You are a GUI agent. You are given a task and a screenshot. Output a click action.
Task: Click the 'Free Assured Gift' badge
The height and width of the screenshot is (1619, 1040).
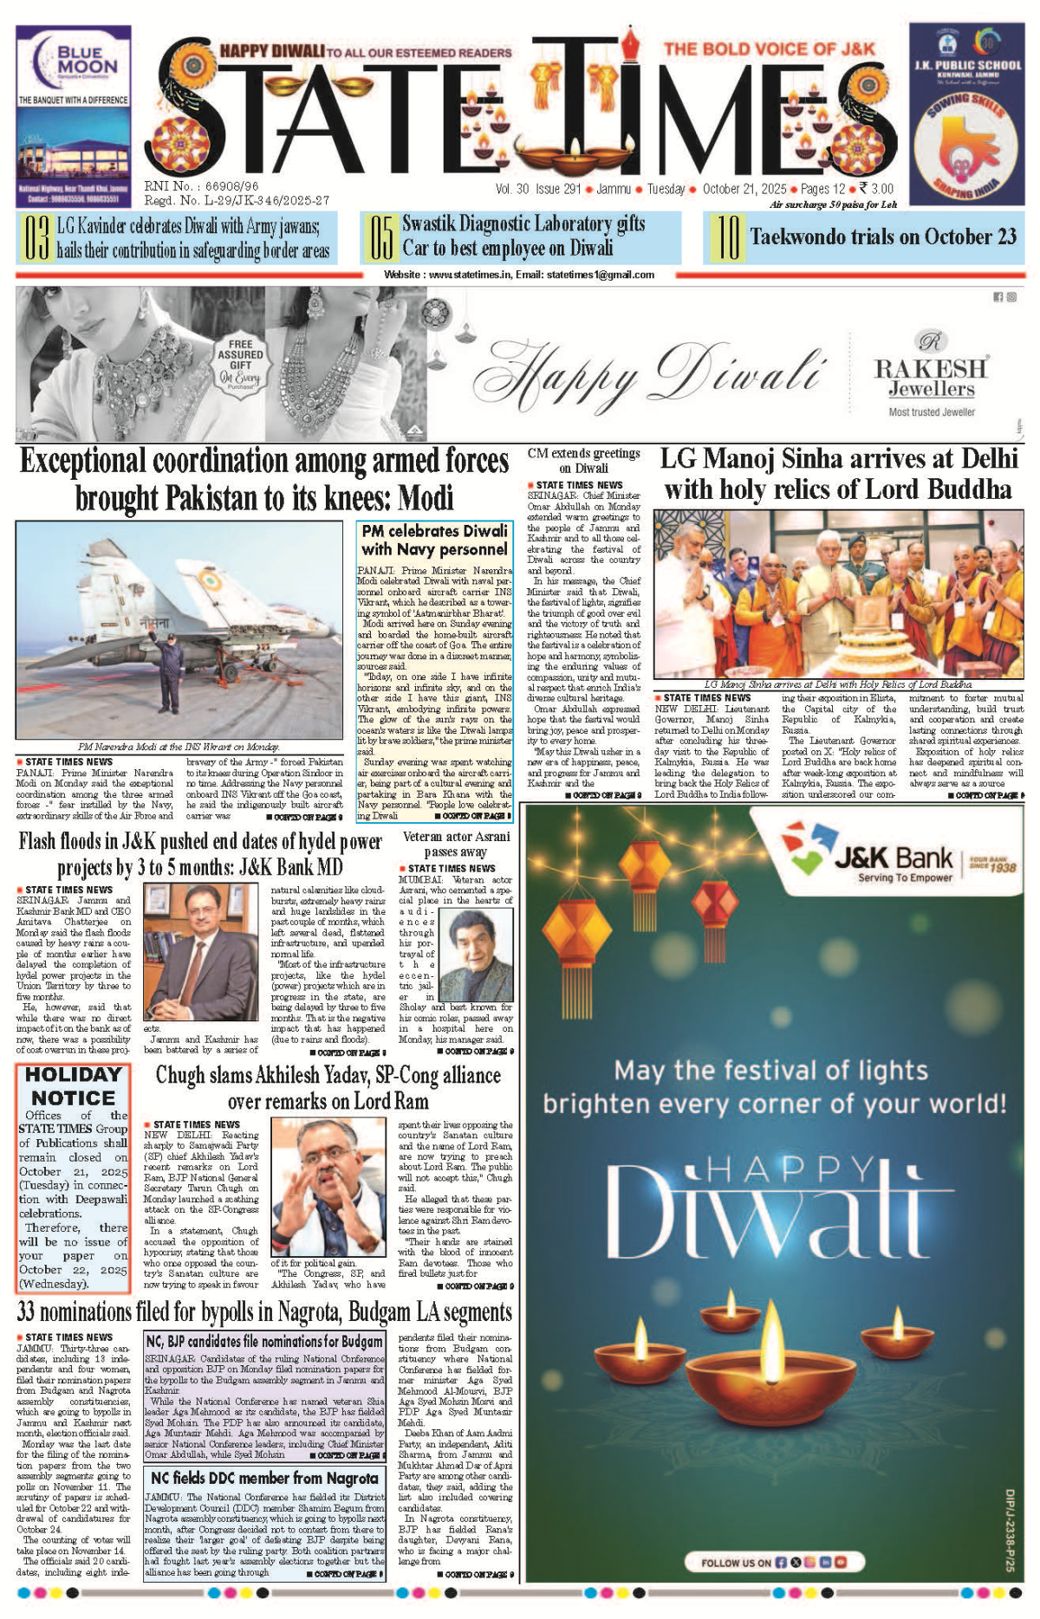click(239, 360)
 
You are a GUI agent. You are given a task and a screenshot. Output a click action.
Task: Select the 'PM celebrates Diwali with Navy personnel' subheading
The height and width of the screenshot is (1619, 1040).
click(434, 540)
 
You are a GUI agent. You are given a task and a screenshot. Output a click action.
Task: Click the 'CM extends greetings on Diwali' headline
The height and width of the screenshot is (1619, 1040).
click(583, 460)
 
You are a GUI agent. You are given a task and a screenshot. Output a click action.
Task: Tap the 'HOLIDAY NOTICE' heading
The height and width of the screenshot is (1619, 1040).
click(73, 1085)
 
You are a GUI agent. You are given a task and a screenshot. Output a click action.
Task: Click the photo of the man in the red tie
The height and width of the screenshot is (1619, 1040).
click(199, 950)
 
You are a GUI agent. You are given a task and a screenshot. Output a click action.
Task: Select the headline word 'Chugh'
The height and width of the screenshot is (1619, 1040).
click(179, 1076)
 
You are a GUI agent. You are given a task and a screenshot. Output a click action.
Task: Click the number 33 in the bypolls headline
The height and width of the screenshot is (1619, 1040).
click(27, 1311)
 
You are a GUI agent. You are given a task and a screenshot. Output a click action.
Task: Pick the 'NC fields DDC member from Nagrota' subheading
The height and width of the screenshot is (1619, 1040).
click(264, 1478)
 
